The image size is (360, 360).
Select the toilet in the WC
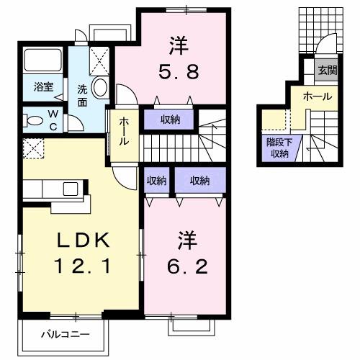[x=32, y=120]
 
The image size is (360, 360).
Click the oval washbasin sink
[x=100, y=89]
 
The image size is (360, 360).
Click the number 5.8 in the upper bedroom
[x=178, y=72]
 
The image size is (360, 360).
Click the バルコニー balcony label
[x=64, y=335]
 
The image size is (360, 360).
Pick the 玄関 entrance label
[x=328, y=70]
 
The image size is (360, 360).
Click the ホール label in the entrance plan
[x=317, y=96]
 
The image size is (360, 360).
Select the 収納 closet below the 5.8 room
[x=171, y=119]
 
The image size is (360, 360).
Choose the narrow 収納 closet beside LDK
[x=156, y=180]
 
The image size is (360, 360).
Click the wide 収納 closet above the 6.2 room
[x=199, y=180]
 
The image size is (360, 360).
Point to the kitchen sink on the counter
[x=70, y=189]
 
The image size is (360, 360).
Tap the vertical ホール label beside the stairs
[x=124, y=131]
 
